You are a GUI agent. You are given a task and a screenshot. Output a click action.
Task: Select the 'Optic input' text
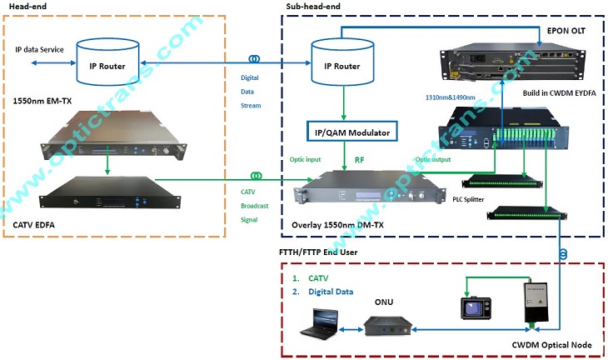coord(306,157)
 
